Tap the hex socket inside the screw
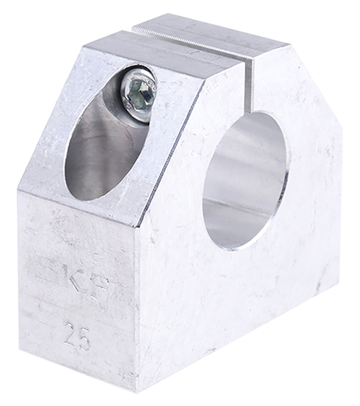(x=141, y=92)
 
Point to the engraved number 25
(x=77, y=336)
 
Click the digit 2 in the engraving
(x=69, y=333)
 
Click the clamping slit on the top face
(x=189, y=42)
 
